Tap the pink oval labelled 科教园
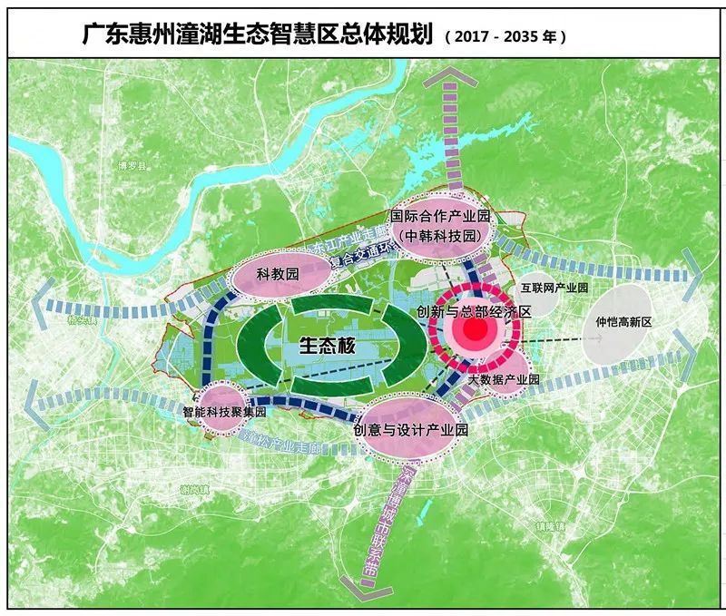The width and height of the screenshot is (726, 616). pyautogui.click(x=278, y=272)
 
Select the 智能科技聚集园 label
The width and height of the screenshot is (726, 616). pyautogui.click(x=224, y=411)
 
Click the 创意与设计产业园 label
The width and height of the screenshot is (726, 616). pyautogui.click(x=410, y=429)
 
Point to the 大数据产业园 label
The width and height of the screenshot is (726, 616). pyautogui.click(x=504, y=380)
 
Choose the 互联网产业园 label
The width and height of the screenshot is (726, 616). pyautogui.click(x=554, y=288)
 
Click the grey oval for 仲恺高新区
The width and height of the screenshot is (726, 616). pyautogui.click(x=624, y=322)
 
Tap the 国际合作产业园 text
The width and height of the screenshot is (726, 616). pyautogui.click(x=440, y=216)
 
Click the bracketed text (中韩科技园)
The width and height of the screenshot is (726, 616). pyautogui.click(x=440, y=235)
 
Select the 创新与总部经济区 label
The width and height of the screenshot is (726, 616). pyautogui.click(x=473, y=310)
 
